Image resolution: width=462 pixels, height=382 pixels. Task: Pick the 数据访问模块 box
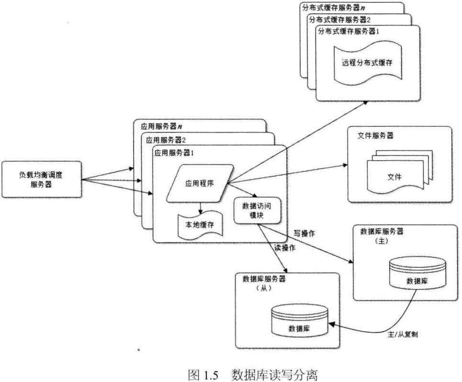(257, 210)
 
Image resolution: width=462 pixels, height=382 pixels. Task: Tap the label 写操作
(303, 233)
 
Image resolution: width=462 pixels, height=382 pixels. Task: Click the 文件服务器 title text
(376, 136)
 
